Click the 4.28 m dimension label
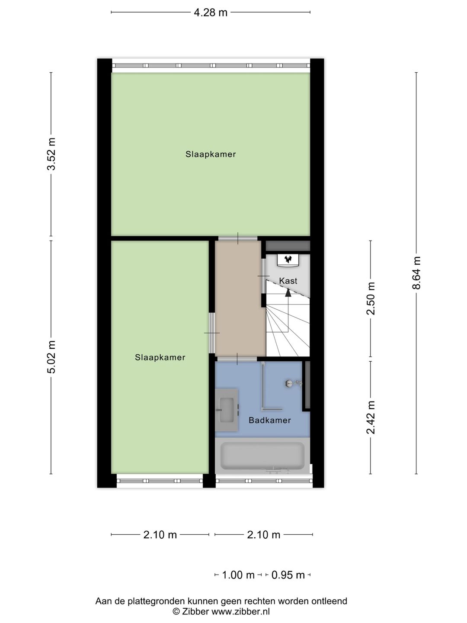[x=211, y=13]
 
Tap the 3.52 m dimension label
[x=51, y=154]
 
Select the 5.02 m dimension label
[x=51, y=357]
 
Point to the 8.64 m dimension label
[x=416, y=273]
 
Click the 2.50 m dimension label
[x=371, y=299]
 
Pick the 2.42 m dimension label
[x=371, y=417]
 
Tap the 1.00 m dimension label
[x=238, y=575]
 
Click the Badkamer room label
[x=270, y=420]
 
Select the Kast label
[x=288, y=281]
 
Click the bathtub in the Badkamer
[x=262, y=456]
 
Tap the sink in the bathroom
[x=226, y=410]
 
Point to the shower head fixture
[x=289, y=383]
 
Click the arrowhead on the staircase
[x=288, y=292]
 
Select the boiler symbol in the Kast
[x=288, y=259]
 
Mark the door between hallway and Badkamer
[x=237, y=359]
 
